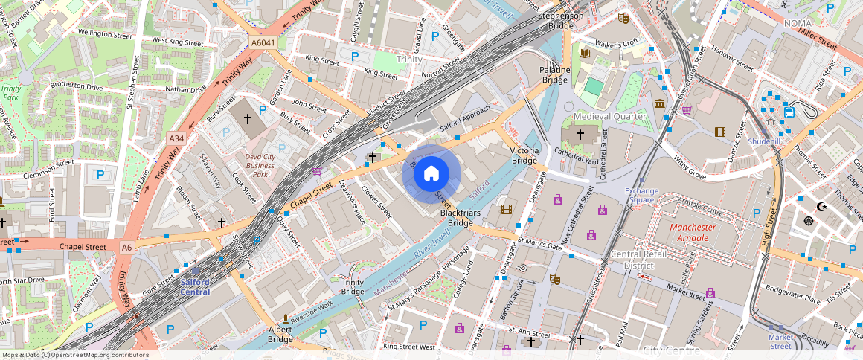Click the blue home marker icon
431,174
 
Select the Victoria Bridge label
524,155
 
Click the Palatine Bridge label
554,75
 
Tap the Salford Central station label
195,287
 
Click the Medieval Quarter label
609,117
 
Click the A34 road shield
176,138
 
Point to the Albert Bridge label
280,334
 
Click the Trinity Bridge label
353,286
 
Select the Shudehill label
764,141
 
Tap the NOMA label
798,24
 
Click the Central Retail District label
632,260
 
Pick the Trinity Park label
10,92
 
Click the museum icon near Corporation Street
660,103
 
